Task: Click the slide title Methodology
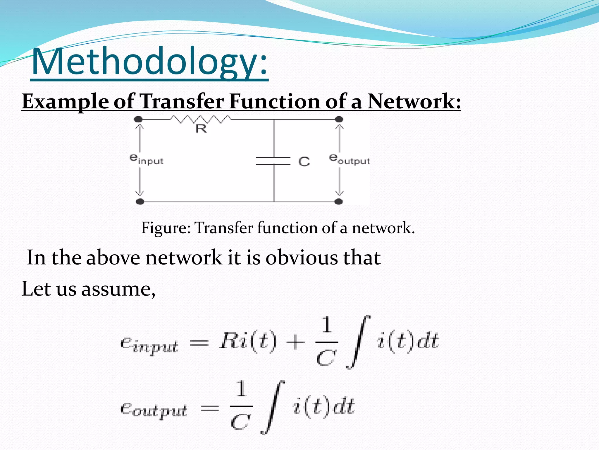pyautogui.click(x=149, y=62)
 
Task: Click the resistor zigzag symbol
pyautogui.click(x=201, y=119)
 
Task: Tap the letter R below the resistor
pyautogui.click(x=201, y=129)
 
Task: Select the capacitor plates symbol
pyautogui.click(x=273, y=161)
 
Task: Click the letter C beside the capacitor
pyautogui.click(x=304, y=161)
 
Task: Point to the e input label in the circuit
pyautogui.click(x=146, y=160)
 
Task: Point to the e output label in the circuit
pyautogui.click(x=349, y=160)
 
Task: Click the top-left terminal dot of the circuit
pyautogui.click(x=138, y=119)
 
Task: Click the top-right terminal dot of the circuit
pyautogui.click(x=339, y=119)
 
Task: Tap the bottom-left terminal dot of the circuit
pyautogui.click(x=140, y=202)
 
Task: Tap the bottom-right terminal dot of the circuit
pyautogui.click(x=339, y=202)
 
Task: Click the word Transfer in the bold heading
pyautogui.click(x=182, y=102)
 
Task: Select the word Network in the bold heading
pyautogui.click(x=414, y=102)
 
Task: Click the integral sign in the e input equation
pyautogui.click(x=358, y=342)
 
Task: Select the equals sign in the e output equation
pyautogui.click(x=210, y=408)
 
